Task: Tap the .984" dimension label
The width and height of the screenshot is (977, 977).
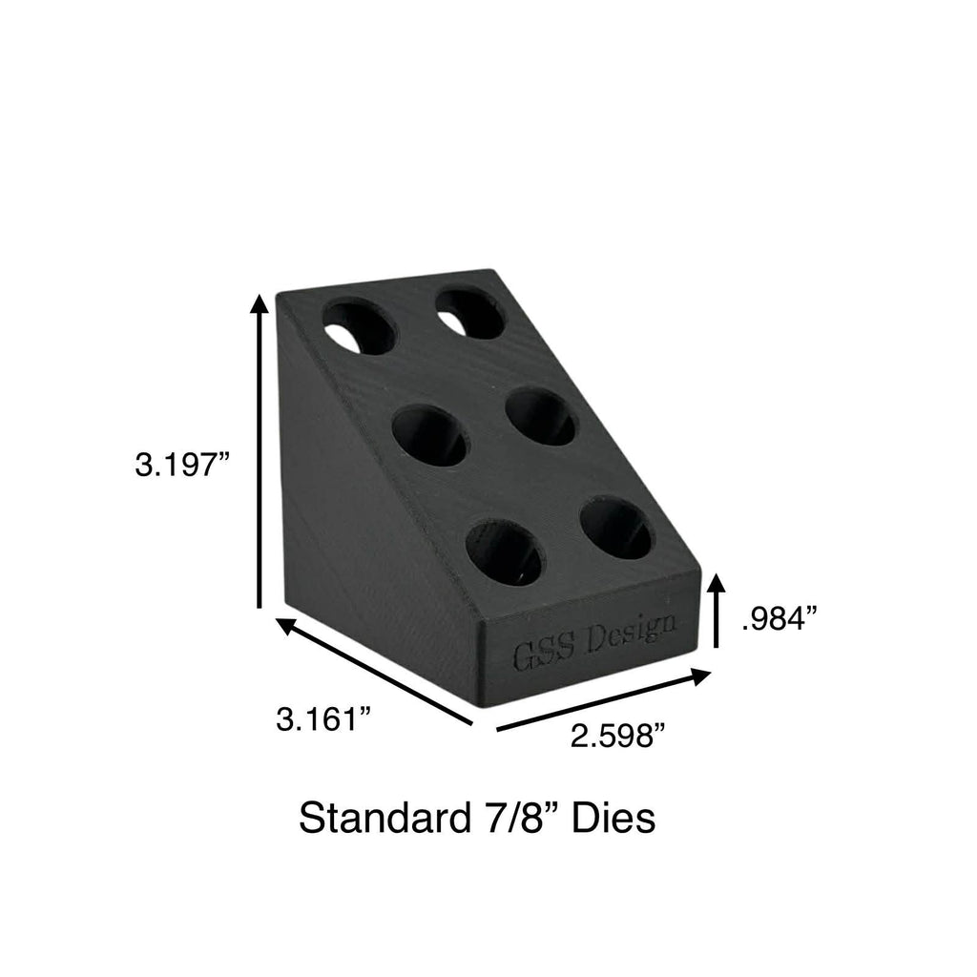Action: tap(781, 619)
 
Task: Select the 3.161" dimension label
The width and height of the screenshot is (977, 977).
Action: tap(322, 718)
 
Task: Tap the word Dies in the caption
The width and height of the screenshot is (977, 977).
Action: tap(615, 819)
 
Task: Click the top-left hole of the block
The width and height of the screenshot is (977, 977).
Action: tap(359, 326)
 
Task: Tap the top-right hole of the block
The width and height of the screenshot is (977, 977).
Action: tap(470, 311)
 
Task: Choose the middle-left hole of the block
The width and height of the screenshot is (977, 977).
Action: tap(429, 435)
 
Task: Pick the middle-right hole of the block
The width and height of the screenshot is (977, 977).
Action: tap(540, 416)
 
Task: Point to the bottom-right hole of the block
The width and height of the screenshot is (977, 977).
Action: tap(614, 530)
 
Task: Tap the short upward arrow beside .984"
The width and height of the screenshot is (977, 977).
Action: tap(717, 610)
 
